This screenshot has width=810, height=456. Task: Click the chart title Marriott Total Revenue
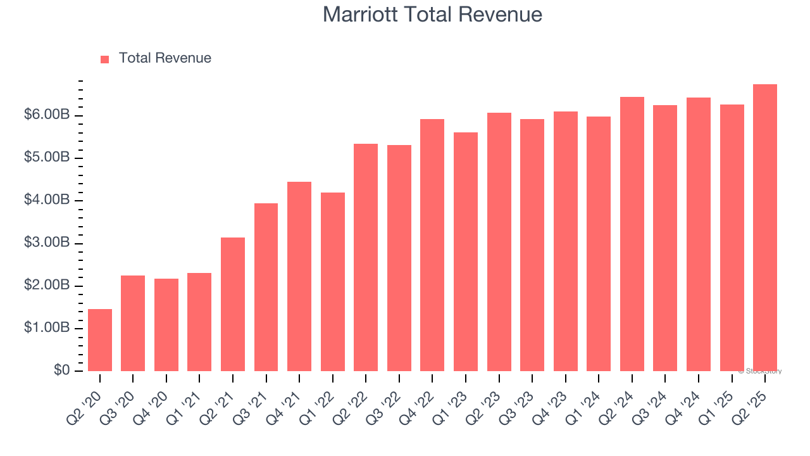[432, 15]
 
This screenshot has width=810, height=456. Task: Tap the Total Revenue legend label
[165, 58]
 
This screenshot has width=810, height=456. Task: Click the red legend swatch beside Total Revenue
[105, 59]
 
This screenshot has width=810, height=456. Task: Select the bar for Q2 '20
[100, 340]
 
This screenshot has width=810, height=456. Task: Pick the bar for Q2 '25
[764, 228]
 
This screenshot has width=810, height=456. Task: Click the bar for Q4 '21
[299, 276]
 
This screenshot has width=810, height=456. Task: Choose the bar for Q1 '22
[333, 282]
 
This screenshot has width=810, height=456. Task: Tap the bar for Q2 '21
[233, 304]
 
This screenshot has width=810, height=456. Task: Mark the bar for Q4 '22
[432, 245]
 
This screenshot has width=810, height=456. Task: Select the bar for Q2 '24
[632, 234]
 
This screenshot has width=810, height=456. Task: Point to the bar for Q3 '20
[133, 323]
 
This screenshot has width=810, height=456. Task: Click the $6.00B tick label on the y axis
[47, 115]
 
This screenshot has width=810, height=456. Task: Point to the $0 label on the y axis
[61, 370]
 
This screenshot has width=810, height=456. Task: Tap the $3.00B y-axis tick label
[47, 243]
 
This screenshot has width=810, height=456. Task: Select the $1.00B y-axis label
[47, 328]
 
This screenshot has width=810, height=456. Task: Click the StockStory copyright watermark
[760, 371]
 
